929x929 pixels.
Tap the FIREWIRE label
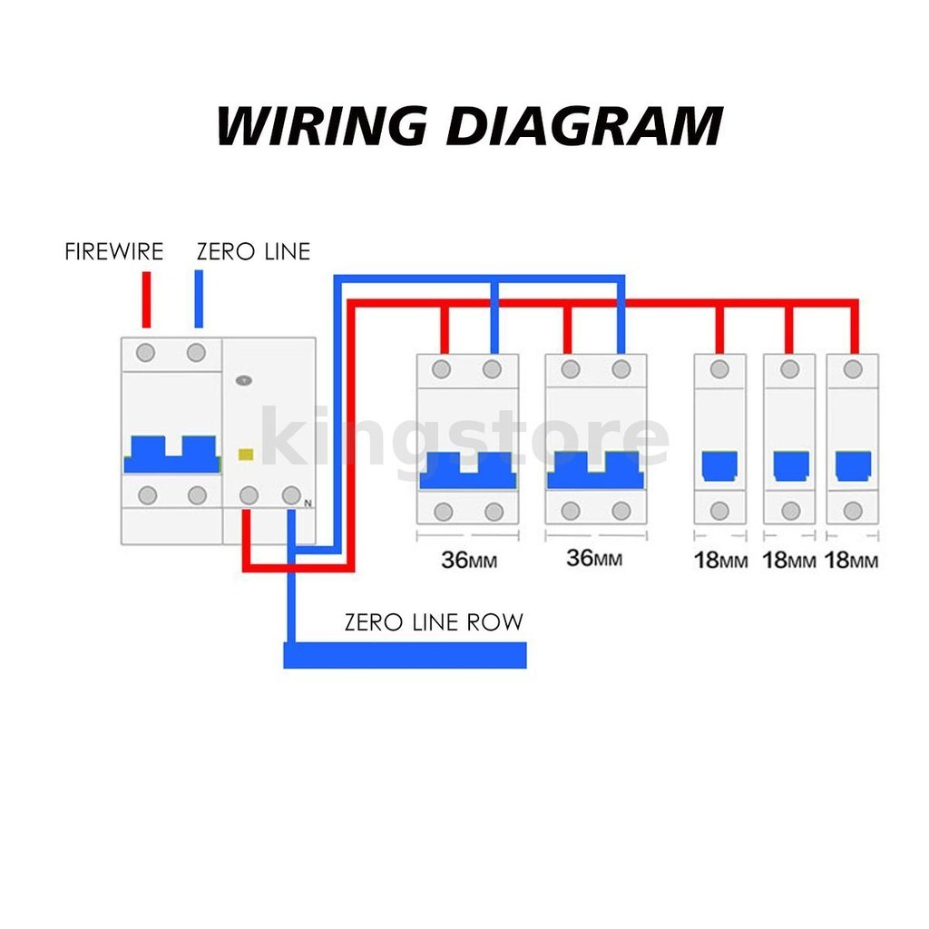pos(114,251)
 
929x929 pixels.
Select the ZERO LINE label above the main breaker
pos(253,251)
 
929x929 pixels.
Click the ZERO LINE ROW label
pos(434,622)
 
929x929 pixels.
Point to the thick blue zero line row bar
pos(405,654)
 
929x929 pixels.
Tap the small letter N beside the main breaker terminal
pos(308,503)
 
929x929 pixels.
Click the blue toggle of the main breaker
pos(171,454)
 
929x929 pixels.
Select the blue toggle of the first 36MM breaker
pos(468,470)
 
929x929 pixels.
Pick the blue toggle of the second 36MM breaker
pos(595,470)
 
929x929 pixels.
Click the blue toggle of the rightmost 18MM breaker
pos(853,465)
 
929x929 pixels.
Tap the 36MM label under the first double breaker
pos(468,560)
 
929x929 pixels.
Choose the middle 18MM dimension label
pos(789,560)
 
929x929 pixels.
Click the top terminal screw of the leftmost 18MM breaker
pos(719,369)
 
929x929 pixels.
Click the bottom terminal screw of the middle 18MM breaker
pos(789,510)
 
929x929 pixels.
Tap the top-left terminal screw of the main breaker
pos(146,352)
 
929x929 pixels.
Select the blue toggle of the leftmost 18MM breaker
pos(719,465)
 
